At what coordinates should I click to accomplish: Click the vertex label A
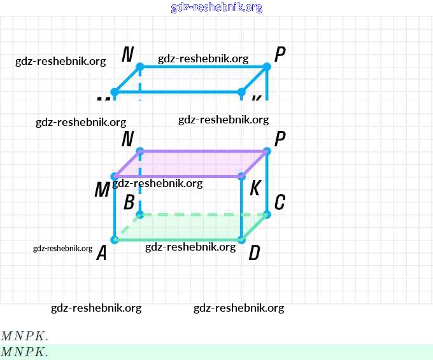101,254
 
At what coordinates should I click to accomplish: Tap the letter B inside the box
129,203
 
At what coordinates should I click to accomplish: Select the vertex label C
280,202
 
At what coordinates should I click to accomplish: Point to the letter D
254,254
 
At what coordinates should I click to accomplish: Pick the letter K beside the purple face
255,188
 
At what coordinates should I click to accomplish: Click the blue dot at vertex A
115,240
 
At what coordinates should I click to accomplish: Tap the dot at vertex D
242,240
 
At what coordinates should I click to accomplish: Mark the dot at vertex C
267,214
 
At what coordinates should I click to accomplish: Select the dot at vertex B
140,214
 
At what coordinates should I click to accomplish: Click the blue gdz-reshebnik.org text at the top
216,8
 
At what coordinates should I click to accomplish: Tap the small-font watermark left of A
62,248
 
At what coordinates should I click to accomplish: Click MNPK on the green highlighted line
24,352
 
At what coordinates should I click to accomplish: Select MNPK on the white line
24,336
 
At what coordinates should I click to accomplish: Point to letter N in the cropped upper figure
127,55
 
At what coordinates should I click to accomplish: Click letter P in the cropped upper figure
280,55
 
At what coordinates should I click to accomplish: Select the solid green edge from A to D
178,240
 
